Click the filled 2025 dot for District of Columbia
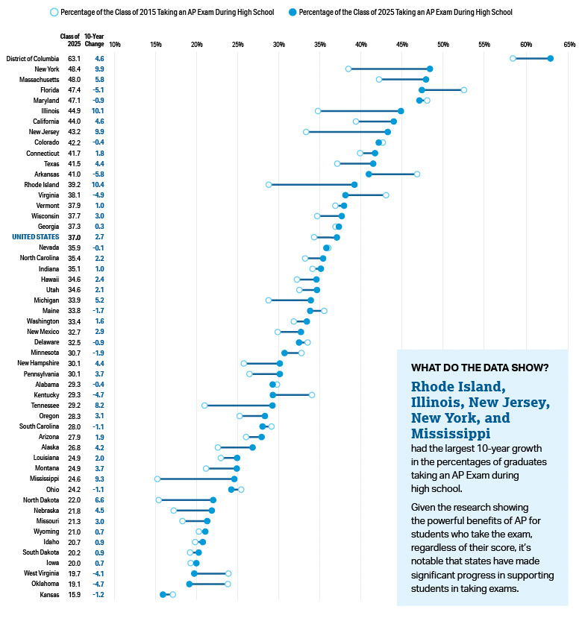(551, 58)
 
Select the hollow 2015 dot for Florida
(464, 89)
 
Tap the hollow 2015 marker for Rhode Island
(269, 184)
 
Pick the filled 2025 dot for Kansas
(163, 594)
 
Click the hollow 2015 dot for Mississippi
(157, 479)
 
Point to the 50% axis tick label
(442, 45)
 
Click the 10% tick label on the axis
(115, 45)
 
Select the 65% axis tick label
(569, 45)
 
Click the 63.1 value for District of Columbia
(74, 58)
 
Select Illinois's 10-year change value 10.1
(98, 111)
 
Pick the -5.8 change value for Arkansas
(98, 174)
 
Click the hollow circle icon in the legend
(54, 13)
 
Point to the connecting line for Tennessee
(238, 405)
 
